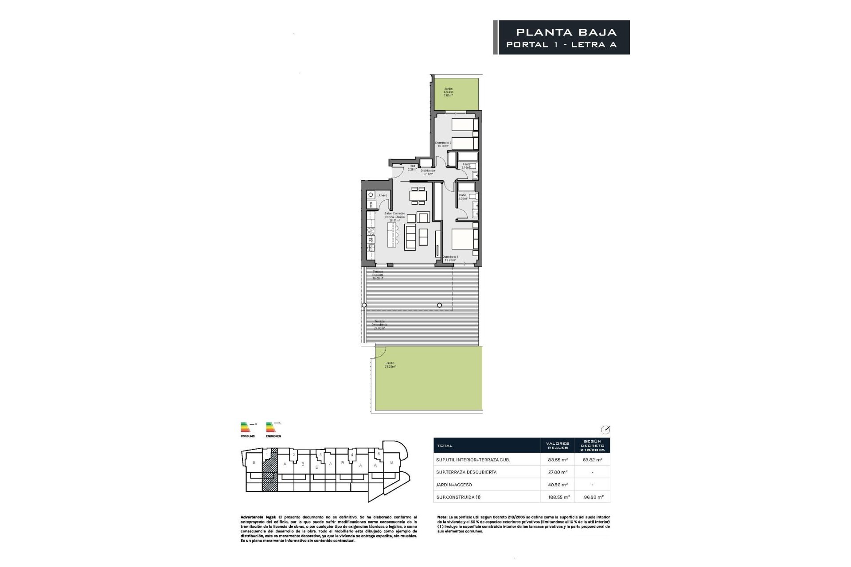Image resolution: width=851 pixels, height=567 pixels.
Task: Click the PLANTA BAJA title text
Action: point(566,32)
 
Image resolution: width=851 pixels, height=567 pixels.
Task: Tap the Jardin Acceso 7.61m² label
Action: point(449,92)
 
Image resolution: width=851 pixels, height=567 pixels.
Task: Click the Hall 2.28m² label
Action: point(412,167)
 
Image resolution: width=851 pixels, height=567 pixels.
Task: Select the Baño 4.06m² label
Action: point(463,197)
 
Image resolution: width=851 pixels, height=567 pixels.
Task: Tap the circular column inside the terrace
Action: point(439,305)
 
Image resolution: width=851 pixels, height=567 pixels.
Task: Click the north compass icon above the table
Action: point(605,430)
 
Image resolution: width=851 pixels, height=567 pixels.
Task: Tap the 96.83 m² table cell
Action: point(592,497)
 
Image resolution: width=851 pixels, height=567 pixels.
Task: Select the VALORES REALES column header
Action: point(557,445)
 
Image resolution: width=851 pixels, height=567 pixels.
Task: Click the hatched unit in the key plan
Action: point(270,470)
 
